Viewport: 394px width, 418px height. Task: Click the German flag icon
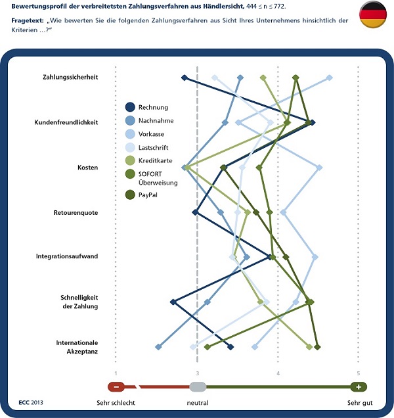(x=372, y=15)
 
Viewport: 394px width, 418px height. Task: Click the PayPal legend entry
(x=147, y=195)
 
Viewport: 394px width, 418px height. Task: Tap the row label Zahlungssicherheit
(x=75, y=77)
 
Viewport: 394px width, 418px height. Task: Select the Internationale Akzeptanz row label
(x=77, y=347)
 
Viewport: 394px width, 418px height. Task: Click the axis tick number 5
(x=359, y=373)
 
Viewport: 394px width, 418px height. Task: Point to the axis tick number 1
(x=116, y=373)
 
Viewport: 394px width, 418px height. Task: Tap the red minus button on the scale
(x=116, y=386)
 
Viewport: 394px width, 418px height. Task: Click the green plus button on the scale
(x=359, y=386)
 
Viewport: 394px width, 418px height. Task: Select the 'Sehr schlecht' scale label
(x=116, y=402)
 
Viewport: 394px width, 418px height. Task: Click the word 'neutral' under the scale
(x=197, y=402)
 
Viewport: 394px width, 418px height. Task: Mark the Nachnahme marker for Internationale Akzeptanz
(x=158, y=346)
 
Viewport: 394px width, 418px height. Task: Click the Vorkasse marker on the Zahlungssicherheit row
(x=330, y=78)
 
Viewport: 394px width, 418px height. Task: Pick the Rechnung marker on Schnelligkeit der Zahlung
(x=173, y=302)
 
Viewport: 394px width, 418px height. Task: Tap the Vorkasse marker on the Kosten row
(x=319, y=168)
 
